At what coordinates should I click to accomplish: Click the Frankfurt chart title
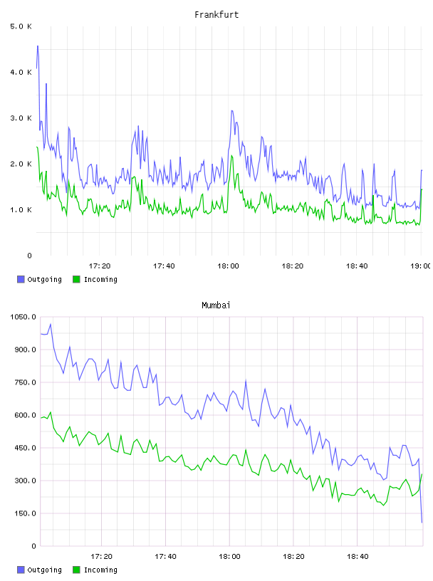(x=216, y=15)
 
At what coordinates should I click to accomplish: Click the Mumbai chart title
(x=216, y=305)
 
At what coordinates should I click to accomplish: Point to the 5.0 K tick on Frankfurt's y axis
(x=21, y=26)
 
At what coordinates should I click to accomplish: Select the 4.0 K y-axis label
(x=21, y=72)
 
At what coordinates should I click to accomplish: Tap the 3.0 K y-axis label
(x=21, y=118)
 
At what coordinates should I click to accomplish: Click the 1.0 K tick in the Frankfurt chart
(x=21, y=210)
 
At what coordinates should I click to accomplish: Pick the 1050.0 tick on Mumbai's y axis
(x=23, y=317)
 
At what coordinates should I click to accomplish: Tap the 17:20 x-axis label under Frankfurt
(x=100, y=266)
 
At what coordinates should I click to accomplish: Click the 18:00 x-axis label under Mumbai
(x=229, y=557)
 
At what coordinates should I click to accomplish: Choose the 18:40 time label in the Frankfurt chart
(x=357, y=266)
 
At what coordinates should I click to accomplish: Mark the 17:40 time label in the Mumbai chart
(x=165, y=557)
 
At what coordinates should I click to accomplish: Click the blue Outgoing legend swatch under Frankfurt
(x=21, y=279)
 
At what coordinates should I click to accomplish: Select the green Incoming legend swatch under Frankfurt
(x=76, y=279)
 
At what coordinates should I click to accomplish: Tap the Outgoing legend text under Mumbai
(x=44, y=570)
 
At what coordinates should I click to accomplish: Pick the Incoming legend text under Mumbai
(x=100, y=570)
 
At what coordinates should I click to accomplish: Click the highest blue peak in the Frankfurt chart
(x=38, y=46)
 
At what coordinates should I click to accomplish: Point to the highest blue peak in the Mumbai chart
(x=51, y=324)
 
